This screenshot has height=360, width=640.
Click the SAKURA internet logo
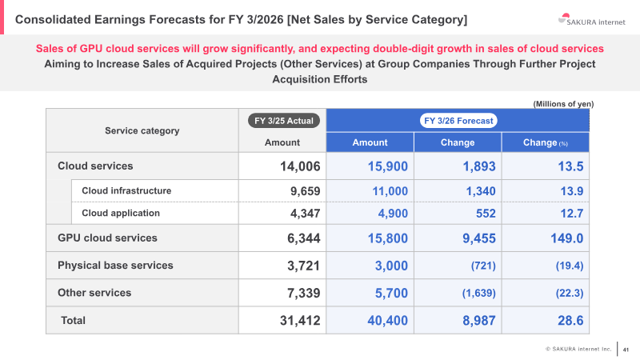[591, 19]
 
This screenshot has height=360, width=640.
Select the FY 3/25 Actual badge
[284, 121]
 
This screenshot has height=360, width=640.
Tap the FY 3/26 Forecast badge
[458, 121]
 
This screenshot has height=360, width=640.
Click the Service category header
[142, 130]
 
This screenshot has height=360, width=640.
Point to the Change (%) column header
[546, 142]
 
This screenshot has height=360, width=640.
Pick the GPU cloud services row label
[107, 238]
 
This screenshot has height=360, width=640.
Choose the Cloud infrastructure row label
[126, 190]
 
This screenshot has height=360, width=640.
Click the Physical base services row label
[115, 266]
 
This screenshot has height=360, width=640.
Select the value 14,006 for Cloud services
[300, 166]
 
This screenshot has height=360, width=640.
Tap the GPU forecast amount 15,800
[388, 238]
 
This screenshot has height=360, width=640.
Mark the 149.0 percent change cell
[567, 238]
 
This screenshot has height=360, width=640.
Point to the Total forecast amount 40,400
[388, 321]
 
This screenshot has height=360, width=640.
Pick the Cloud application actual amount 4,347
[306, 214]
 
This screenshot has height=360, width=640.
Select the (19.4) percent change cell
[570, 266]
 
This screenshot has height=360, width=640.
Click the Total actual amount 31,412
[300, 321]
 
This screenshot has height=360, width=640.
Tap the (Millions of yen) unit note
[563, 104]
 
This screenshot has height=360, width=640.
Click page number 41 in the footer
[626, 350]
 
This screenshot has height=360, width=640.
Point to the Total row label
[73, 321]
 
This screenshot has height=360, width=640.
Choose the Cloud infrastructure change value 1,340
[481, 191]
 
